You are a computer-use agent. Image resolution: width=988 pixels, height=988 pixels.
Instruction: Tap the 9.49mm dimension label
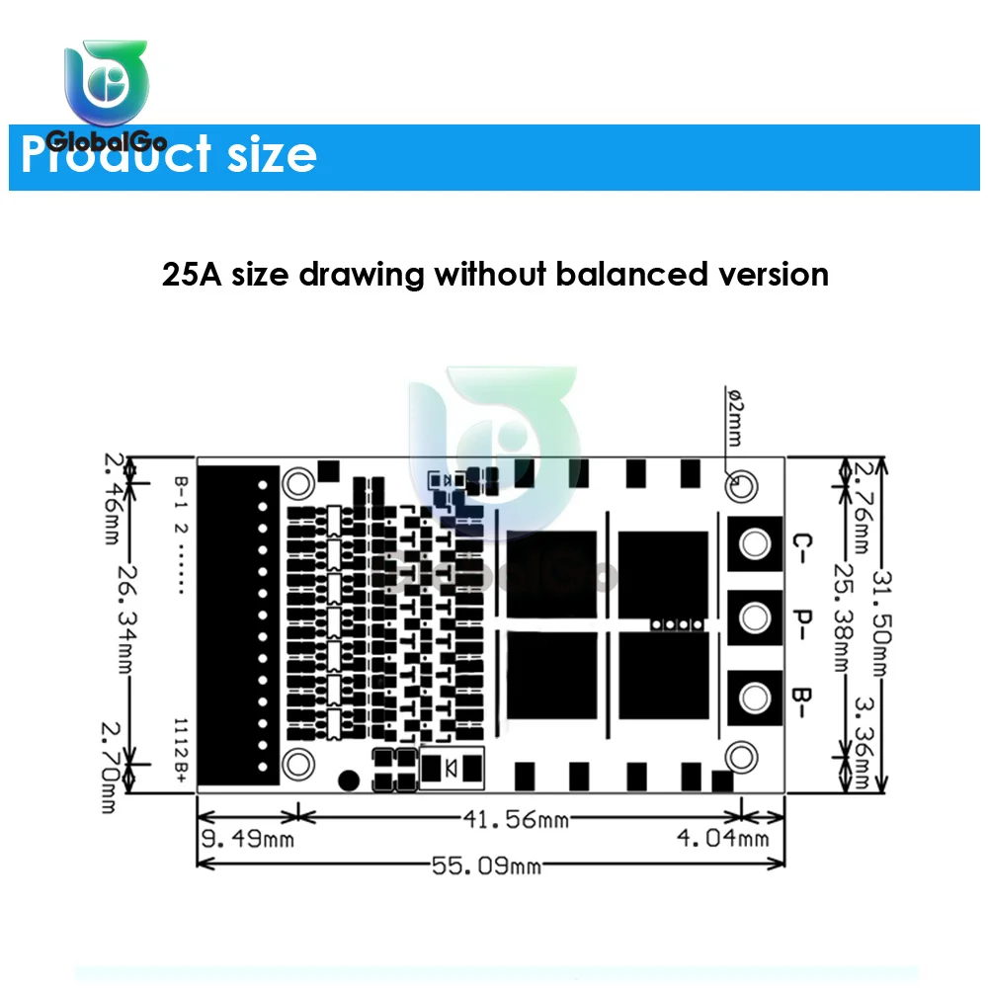click(246, 841)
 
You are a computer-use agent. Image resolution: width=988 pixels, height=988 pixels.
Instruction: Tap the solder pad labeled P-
click(755, 619)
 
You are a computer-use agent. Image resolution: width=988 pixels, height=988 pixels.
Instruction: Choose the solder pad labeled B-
click(755, 698)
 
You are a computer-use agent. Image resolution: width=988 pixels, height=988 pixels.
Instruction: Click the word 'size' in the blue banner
click(270, 155)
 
